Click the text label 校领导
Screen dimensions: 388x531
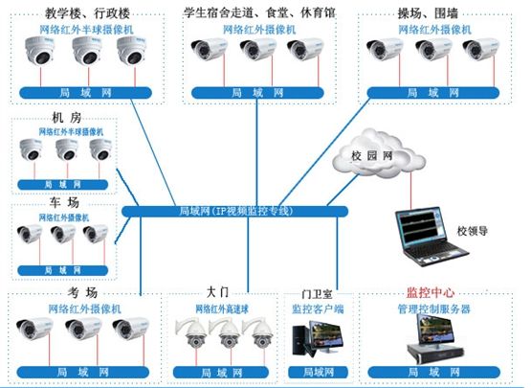(x=476, y=231)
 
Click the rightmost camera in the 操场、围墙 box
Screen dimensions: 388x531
(x=478, y=54)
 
